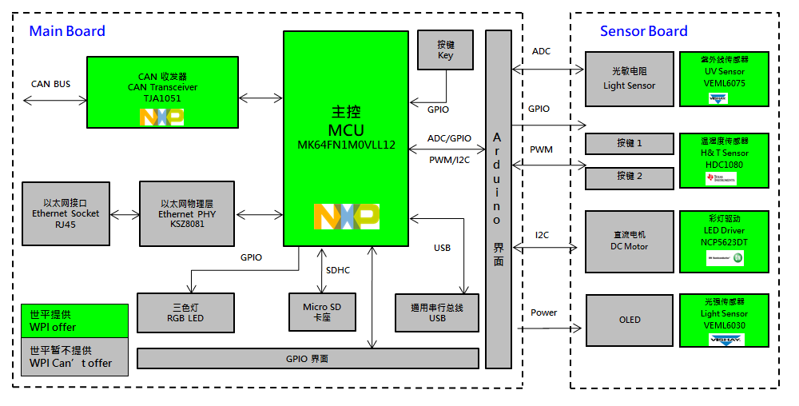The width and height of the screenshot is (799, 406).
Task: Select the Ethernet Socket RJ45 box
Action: [66, 213]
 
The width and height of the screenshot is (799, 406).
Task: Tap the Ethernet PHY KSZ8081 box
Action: [187, 213]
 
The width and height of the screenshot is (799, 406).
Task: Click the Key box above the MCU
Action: [445, 50]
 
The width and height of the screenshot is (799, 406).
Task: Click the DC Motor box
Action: [629, 241]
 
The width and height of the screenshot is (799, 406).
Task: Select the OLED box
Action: [629, 320]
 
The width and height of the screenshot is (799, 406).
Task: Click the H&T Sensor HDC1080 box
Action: [724, 160]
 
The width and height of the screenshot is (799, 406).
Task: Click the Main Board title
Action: [67, 31]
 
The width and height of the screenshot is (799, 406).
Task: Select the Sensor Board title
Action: [643, 31]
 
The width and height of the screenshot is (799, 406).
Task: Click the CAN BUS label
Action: [51, 84]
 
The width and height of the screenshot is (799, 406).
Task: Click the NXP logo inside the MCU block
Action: [346, 217]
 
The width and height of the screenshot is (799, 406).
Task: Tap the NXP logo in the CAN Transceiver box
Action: [162, 117]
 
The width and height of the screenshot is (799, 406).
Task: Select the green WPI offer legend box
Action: [74, 320]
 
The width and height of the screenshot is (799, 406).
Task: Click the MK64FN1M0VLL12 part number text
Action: [346, 145]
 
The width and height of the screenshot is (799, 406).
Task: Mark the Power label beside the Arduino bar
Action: [544, 312]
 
